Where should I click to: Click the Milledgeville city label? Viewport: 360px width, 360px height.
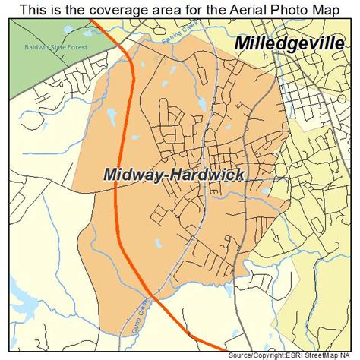(288, 43)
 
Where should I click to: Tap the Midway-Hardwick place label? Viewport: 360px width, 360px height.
(174, 175)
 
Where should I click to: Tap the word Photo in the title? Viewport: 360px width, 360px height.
(281, 10)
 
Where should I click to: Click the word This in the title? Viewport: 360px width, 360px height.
(33, 10)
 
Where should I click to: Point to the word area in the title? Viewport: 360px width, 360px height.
(152, 10)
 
